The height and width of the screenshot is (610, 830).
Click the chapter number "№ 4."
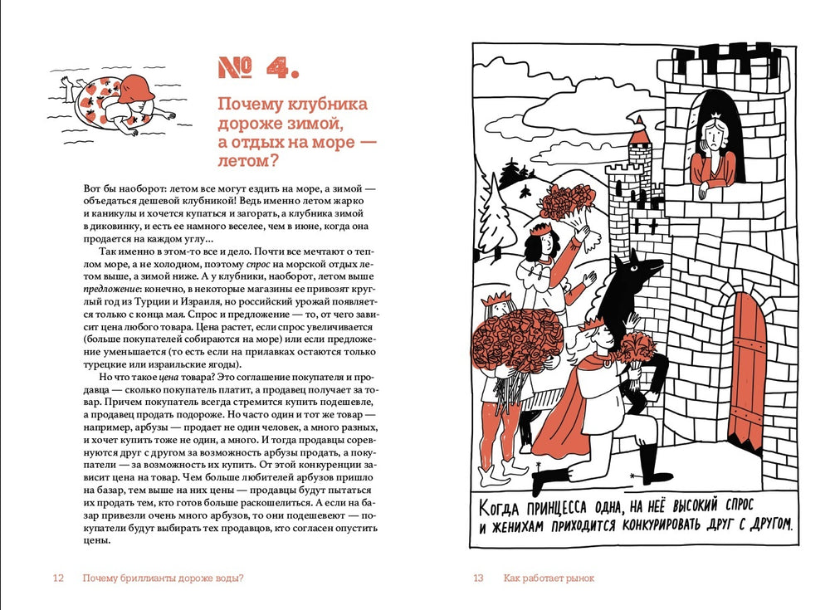(x=257, y=68)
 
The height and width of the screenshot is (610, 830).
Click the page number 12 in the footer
(x=58, y=578)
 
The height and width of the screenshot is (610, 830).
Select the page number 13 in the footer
(x=478, y=578)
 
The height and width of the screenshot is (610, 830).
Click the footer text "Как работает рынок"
(x=549, y=578)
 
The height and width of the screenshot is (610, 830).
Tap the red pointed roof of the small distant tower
(x=638, y=132)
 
